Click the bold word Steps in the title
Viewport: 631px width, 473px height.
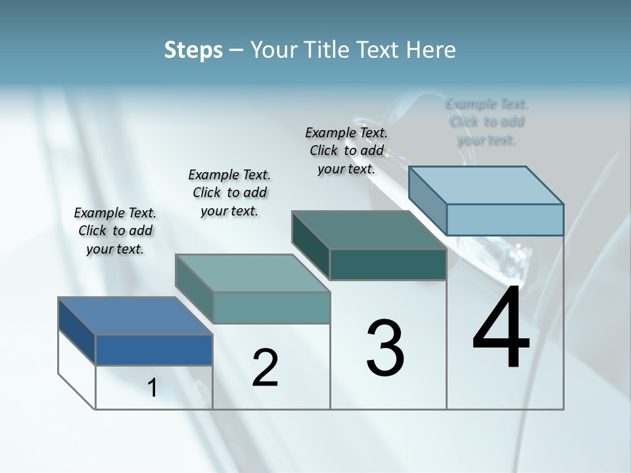tap(193, 50)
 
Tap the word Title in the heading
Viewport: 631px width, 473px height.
tap(327, 50)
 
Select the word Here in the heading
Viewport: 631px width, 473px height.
tap(431, 50)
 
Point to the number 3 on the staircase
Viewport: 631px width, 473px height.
tap(385, 348)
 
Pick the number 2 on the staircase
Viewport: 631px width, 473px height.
tap(266, 368)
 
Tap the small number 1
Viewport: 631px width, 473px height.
tap(152, 388)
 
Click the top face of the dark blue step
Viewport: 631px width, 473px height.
tap(135, 316)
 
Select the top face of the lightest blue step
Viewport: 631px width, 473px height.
tap(486, 185)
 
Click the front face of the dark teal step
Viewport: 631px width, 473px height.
tap(388, 265)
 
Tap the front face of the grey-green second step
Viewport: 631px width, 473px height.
tap(271, 307)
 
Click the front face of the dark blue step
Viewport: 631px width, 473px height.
tap(154, 349)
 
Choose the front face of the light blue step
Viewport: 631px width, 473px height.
tap(505, 219)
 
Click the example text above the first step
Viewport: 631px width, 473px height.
tap(115, 231)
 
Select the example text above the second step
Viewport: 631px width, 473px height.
tap(229, 192)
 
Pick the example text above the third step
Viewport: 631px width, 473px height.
tap(346, 150)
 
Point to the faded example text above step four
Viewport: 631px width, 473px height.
tap(486, 122)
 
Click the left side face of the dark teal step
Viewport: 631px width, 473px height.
tap(310, 245)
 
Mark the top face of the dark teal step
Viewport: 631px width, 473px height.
tap(369, 230)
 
